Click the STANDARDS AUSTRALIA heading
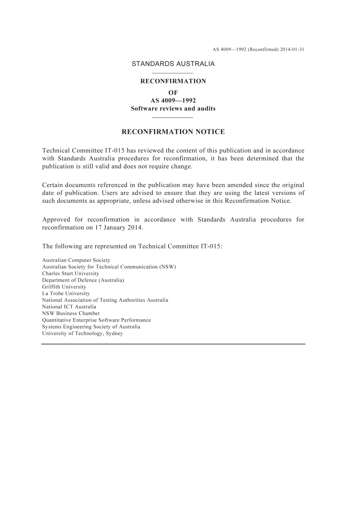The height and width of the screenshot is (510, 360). click(x=173, y=64)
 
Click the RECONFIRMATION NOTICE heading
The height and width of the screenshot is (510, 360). click(x=173, y=132)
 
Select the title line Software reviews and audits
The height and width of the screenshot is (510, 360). click(x=173, y=108)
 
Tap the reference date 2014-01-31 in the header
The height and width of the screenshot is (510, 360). click(x=292, y=50)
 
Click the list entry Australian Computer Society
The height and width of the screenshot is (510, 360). click(x=76, y=260)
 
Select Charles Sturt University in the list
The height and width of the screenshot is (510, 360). click(x=70, y=273)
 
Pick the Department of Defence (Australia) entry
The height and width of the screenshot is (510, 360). click(x=83, y=280)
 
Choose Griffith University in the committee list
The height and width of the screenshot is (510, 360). click(x=64, y=287)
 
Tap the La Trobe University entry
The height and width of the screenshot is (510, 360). click(x=66, y=293)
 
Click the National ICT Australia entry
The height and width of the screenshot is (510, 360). click(x=69, y=307)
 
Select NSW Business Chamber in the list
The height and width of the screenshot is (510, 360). click(x=71, y=313)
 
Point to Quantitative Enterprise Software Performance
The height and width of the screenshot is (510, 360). click(x=96, y=320)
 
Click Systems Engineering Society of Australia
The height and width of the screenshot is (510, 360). click(x=91, y=326)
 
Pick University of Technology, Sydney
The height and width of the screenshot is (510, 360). click(x=82, y=333)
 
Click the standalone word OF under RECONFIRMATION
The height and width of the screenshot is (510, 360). click(x=173, y=93)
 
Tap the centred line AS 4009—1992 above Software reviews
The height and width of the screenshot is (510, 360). click(x=173, y=100)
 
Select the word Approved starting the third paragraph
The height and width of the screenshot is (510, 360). click(x=56, y=220)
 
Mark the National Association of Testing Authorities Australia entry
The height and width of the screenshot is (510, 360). click(x=105, y=300)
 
